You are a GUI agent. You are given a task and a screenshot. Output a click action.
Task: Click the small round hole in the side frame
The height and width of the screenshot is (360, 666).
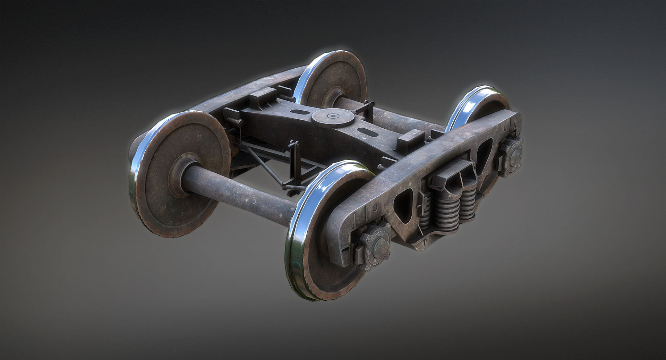(375, 208)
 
